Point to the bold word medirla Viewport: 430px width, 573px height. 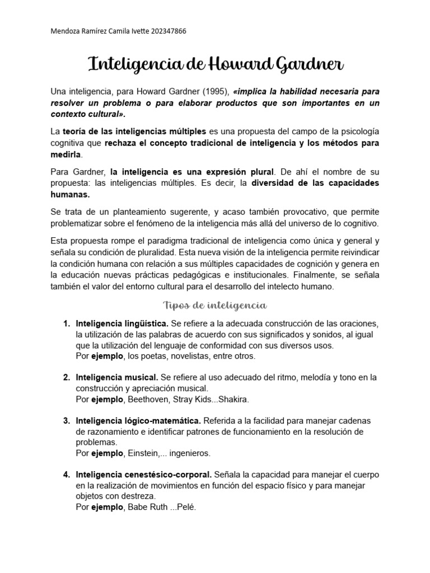tap(66, 154)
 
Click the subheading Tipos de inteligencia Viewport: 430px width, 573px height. tap(214, 305)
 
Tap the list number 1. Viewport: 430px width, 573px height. tap(66, 324)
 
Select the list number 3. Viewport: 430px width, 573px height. tap(66, 420)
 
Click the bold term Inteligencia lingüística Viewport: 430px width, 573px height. tap(122, 324)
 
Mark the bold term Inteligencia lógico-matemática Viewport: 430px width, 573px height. tap(138, 420)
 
